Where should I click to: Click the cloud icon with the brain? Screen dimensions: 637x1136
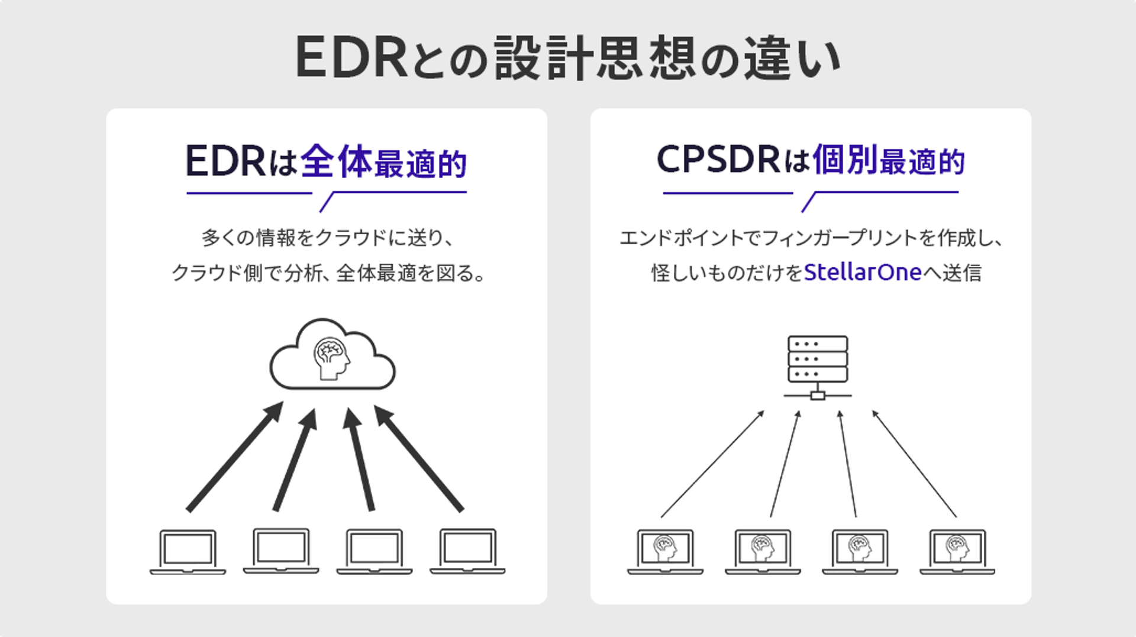pos(332,355)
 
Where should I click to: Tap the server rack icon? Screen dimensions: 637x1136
pos(818,367)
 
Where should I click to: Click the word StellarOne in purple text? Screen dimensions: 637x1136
pos(863,273)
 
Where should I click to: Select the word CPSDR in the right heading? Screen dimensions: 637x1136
pos(718,160)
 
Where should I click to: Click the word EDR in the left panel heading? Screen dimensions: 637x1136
pos(225,161)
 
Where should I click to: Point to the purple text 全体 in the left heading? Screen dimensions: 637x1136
pos(336,161)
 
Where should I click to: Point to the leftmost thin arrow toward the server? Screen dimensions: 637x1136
pos(712,464)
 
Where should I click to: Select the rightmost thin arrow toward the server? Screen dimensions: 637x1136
pos(914,464)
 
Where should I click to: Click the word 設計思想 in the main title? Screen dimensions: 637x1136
pos(595,58)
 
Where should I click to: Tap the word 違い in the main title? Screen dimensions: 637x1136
pos(793,58)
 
